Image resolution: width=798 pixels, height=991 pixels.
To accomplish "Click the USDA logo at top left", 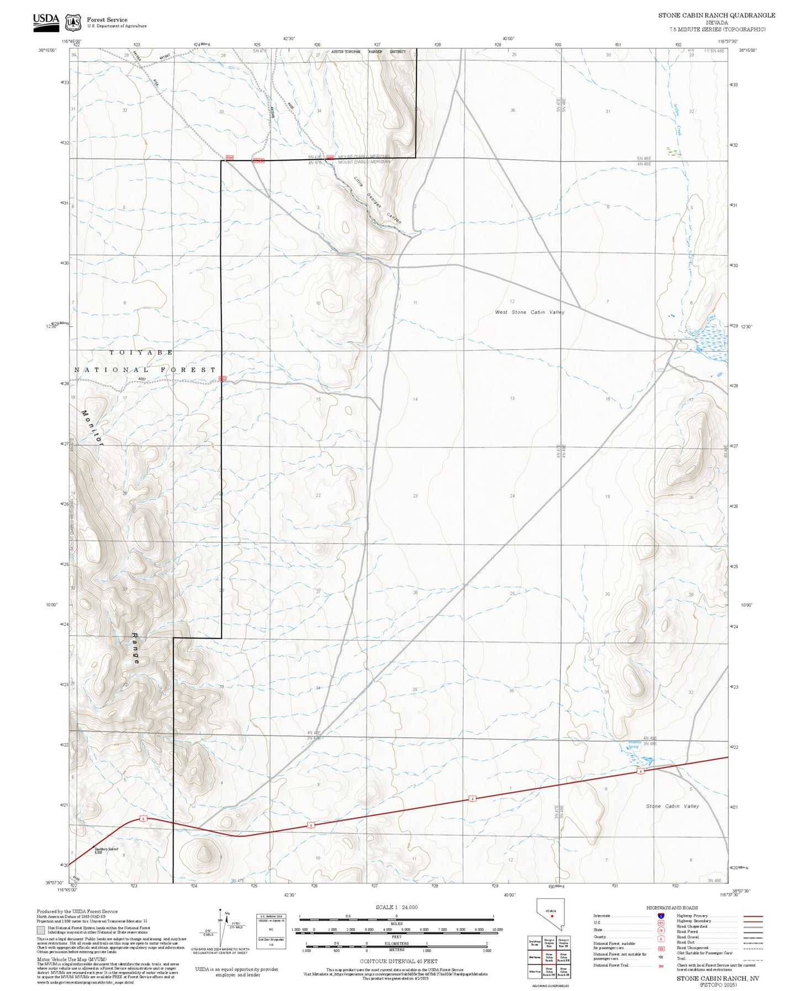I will (x=46, y=20).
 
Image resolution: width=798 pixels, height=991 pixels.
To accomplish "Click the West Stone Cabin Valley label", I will (x=529, y=312).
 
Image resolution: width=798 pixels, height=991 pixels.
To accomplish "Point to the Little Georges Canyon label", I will (x=377, y=200).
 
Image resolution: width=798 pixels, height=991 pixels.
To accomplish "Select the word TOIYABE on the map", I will (x=141, y=352).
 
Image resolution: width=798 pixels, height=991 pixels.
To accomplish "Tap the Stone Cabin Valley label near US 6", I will (x=672, y=806).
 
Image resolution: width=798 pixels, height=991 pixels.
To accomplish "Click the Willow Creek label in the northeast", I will (x=677, y=119).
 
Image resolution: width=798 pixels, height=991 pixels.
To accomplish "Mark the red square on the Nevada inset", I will (x=552, y=915).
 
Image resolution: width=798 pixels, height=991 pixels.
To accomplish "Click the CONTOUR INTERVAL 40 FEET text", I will (x=397, y=962).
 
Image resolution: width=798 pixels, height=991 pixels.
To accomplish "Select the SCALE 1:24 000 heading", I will (x=396, y=907).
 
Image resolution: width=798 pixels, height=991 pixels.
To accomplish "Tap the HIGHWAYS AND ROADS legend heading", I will (x=672, y=908).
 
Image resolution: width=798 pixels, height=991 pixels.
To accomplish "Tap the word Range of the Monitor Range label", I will (x=136, y=648).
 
